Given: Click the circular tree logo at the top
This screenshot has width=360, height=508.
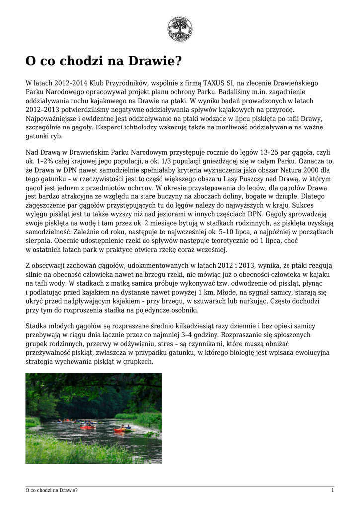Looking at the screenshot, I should pos(180,29).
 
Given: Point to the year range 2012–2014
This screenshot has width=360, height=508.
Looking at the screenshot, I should pos(61,83).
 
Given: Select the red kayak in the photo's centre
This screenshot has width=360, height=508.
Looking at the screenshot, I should pos(88,426).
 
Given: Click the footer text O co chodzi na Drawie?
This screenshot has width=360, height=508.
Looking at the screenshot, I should pos(52,491).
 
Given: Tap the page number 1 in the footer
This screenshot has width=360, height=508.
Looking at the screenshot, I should pos(332,491).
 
